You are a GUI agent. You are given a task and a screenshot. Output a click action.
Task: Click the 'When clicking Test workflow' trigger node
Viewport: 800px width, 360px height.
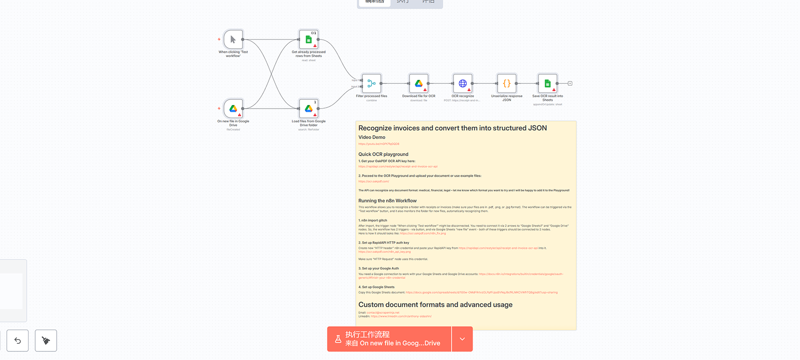233,40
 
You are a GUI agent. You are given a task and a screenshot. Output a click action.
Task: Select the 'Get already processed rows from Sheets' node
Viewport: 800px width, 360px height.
309,40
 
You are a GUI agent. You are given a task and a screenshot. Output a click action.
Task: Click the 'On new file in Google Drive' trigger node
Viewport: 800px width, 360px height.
233,109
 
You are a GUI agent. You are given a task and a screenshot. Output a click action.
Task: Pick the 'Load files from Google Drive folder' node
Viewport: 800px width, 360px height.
309,109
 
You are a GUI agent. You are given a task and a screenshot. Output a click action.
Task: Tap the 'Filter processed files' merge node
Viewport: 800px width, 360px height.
371,83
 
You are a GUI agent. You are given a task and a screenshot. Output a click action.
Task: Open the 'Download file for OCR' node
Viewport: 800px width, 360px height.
419,83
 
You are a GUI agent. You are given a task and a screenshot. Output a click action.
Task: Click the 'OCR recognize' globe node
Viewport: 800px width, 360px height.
462,83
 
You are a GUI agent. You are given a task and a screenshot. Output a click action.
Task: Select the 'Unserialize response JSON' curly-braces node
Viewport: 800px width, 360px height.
507,83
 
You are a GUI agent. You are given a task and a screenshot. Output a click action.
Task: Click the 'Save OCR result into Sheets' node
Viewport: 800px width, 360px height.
548,83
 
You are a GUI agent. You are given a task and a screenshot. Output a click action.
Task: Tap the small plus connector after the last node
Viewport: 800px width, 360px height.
570,83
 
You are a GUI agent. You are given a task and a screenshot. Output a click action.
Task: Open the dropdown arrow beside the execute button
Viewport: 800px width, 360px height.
462,339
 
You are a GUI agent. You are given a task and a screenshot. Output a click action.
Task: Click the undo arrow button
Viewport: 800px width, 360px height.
18,340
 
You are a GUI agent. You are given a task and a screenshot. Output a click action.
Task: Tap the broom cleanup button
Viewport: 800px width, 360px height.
46,340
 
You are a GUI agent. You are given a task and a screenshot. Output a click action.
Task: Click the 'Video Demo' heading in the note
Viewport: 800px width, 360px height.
372,137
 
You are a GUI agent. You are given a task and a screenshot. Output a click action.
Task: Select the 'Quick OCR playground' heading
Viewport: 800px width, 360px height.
383,154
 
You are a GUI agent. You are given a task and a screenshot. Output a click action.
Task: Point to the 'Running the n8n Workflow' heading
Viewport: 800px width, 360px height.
388,201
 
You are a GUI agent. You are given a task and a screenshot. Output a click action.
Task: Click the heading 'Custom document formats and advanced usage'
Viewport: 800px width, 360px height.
435,305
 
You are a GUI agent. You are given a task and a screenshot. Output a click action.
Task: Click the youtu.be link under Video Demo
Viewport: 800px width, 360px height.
379,144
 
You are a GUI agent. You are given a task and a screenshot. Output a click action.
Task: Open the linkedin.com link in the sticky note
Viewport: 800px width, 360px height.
401,316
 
